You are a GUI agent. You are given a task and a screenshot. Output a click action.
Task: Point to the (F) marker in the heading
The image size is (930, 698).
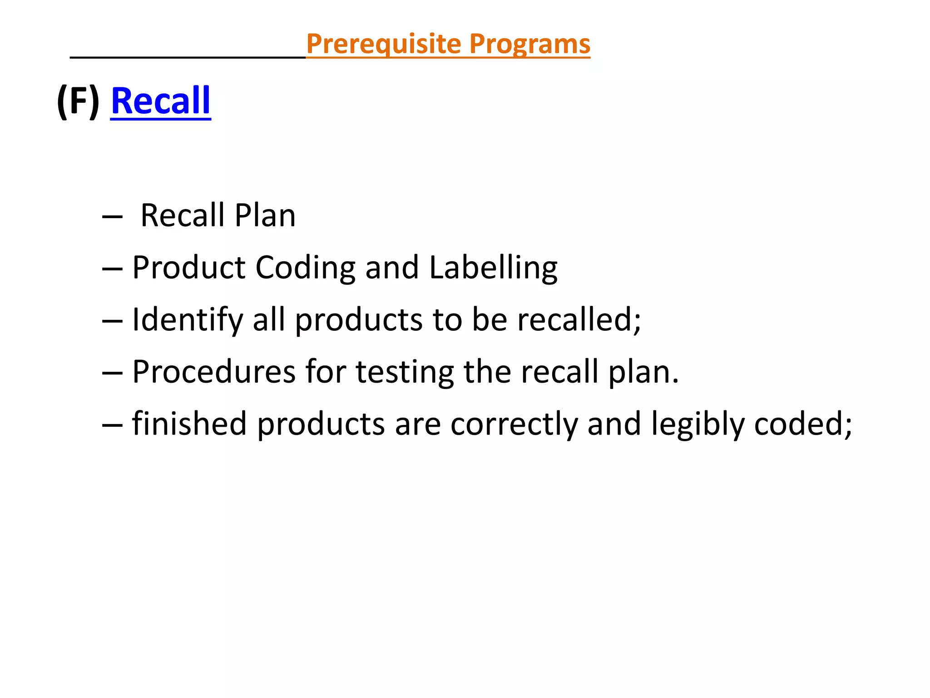(78, 102)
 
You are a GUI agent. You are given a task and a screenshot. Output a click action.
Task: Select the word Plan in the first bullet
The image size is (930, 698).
(265, 215)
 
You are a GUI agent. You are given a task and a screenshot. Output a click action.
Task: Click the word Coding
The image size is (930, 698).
(306, 268)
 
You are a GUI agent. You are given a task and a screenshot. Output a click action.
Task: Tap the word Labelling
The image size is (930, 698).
(493, 268)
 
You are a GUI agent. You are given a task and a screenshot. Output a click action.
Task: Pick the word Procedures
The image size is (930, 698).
(214, 372)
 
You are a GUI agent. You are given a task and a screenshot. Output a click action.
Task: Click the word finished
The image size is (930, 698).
(190, 424)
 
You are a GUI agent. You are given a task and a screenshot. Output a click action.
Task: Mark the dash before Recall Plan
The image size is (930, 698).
(113, 217)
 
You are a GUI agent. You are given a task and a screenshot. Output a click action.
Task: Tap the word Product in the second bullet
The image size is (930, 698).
(189, 268)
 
